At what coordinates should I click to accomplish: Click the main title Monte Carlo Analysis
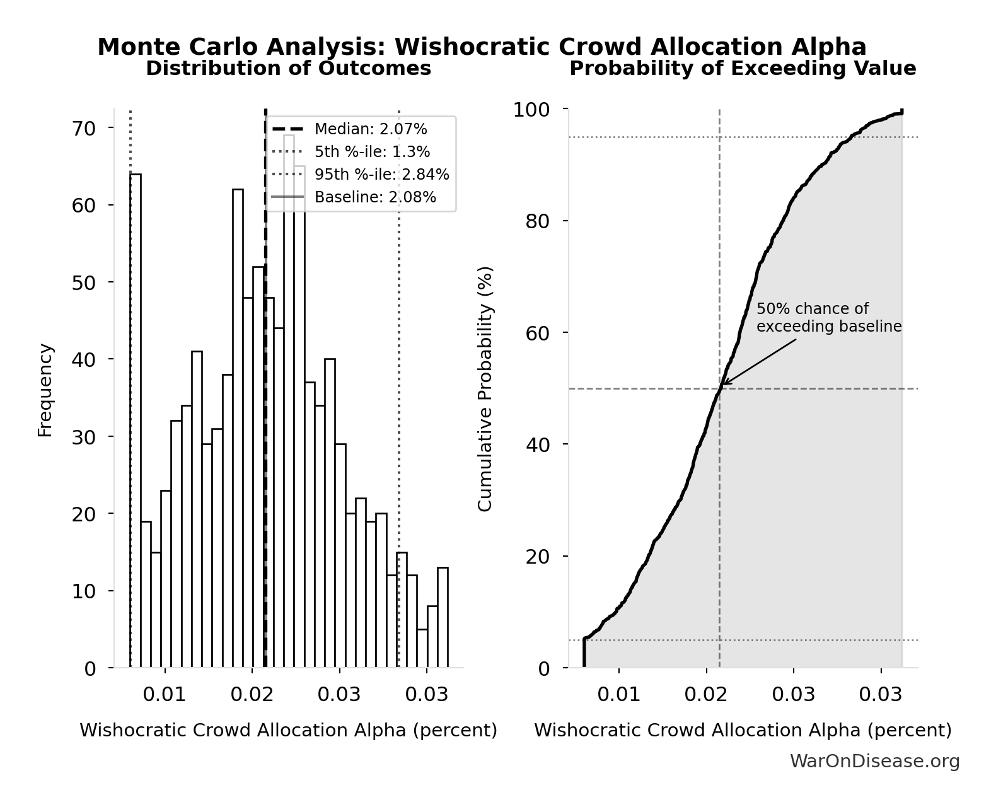[x=482, y=47]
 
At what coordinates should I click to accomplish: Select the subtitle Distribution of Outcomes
[x=289, y=68]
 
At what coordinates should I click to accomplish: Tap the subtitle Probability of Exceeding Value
[x=743, y=68]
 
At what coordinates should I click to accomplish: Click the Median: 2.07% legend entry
[x=371, y=129]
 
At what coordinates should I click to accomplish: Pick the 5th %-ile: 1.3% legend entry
[x=372, y=152]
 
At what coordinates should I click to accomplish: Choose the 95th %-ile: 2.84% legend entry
[x=381, y=175]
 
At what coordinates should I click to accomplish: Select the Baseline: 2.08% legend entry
[x=375, y=197]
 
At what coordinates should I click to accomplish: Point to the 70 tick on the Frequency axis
[x=84, y=129]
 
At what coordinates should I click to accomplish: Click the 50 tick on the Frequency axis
[x=84, y=282]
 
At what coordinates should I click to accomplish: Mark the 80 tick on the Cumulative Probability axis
[x=538, y=221]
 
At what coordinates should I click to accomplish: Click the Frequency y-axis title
[x=45, y=390]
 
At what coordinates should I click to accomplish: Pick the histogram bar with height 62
[x=238, y=428]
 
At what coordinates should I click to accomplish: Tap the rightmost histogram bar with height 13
[x=443, y=617]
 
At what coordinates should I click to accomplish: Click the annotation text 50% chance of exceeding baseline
[x=828, y=318]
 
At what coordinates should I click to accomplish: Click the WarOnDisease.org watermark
[x=874, y=762]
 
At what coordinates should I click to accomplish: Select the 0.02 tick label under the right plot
[x=706, y=695]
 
